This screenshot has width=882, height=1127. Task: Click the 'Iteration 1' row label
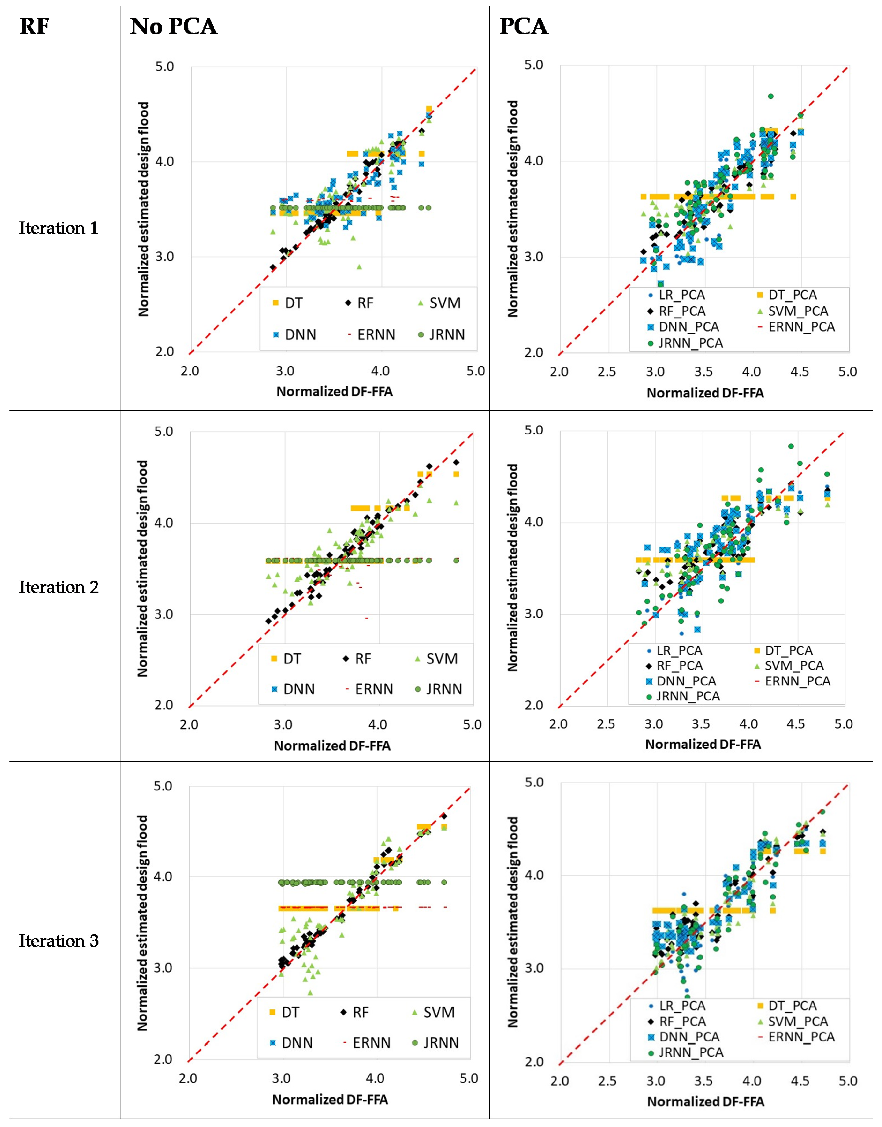[x=58, y=228]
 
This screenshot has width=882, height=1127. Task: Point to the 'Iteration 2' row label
[x=58, y=587]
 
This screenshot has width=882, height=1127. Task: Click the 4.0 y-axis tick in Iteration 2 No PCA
[x=164, y=523]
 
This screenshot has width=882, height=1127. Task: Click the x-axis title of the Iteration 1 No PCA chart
[x=334, y=392]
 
